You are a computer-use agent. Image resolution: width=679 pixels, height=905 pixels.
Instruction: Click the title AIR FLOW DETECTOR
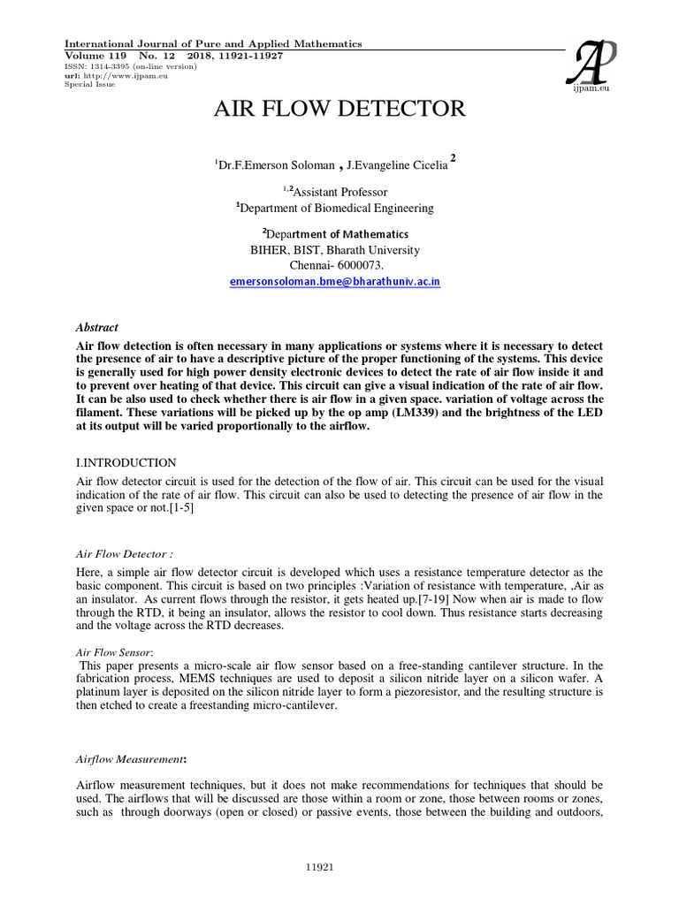coord(339,110)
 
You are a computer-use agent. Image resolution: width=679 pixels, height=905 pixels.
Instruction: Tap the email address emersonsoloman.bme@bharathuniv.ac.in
coord(335,280)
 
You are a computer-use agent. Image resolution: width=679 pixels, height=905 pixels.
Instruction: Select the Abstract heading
coord(96,327)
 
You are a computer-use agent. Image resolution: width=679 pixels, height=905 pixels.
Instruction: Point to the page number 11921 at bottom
coord(339,868)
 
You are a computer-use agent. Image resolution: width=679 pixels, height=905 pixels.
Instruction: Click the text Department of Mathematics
coord(338,234)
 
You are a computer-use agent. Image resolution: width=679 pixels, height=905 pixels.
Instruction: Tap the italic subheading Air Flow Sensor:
coord(105,650)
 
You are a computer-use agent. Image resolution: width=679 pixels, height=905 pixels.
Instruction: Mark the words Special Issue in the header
coord(84,85)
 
